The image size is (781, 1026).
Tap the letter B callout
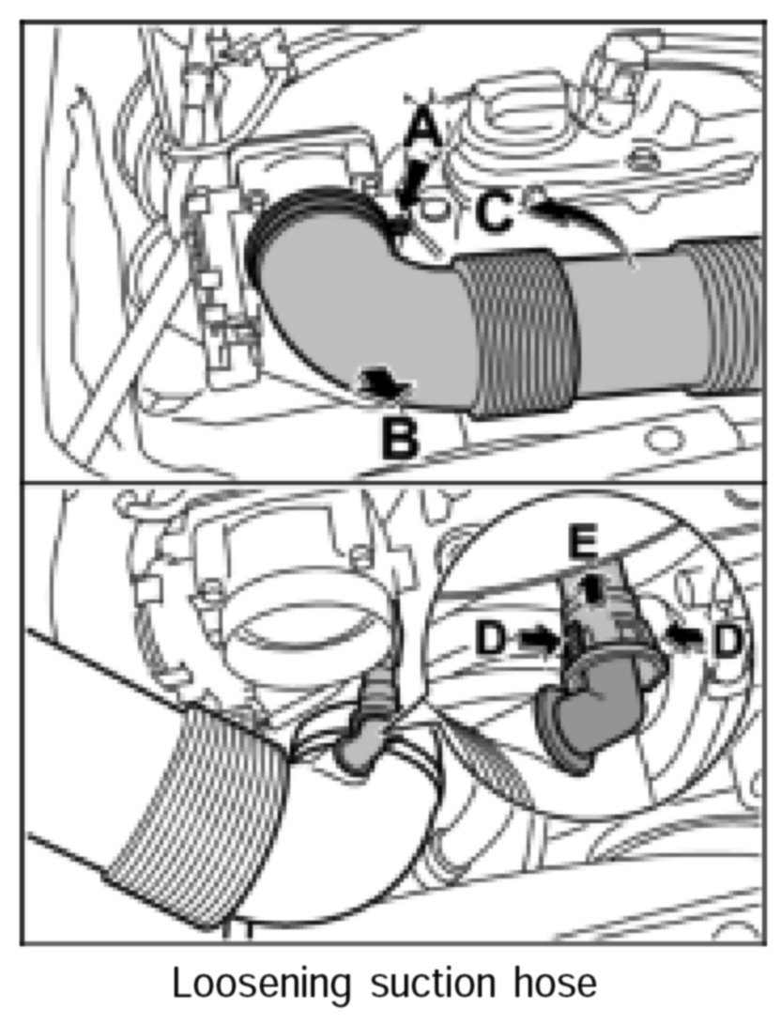(400, 438)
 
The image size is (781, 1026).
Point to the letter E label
(584, 543)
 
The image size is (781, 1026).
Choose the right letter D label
(727, 642)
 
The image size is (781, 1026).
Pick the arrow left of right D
(684, 637)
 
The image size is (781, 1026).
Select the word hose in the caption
(558, 984)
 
